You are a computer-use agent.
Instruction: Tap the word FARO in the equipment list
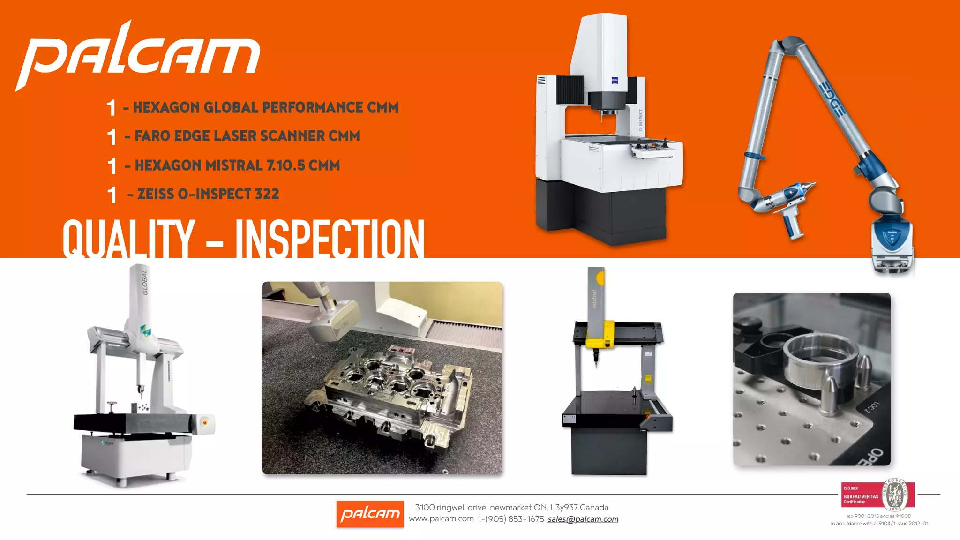tap(153, 136)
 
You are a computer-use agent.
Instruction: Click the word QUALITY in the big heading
tap(128, 239)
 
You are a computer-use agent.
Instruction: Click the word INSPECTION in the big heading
tap(330, 239)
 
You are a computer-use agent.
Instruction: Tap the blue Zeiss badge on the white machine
tap(615, 81)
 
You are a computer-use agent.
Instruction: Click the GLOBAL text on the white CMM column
tap(145, 282)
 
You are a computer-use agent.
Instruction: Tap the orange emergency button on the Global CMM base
tap(205, 422)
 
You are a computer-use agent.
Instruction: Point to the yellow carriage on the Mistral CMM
tap(600, 335)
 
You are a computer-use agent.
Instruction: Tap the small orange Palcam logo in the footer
tap(370, 514)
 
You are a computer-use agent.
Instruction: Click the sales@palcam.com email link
tap(583, 519)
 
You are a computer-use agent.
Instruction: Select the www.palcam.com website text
tap(441, 519)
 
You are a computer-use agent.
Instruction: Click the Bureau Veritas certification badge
tap(877, 495)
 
